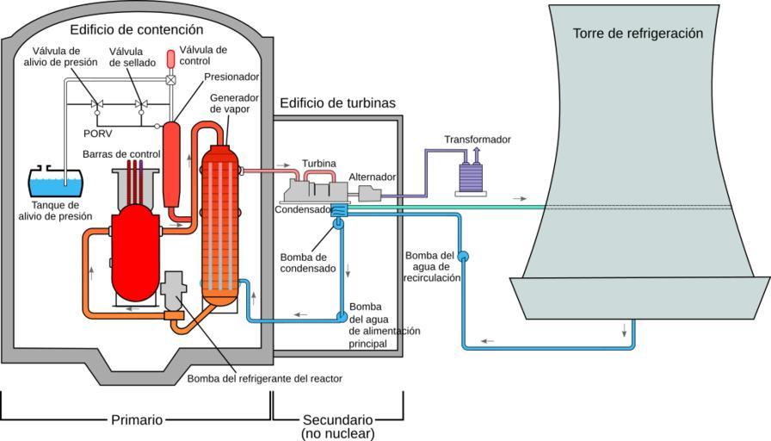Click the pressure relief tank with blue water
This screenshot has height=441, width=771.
pyautogui.click(x=56, y=182)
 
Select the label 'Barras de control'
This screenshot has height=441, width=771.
pyautogui.click(x=120, y=153)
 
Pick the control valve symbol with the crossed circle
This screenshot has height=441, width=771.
pyautogui.click(x=170, y=80)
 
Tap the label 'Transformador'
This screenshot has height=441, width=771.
pyautogui.click(x=478, y=140)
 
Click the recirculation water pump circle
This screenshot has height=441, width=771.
pyautogui.click(x=462, y=255)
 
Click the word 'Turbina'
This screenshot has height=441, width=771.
pyautogui.click(x=318, y=164)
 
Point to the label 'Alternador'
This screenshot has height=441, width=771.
pyautogui.click(x=372, y=177)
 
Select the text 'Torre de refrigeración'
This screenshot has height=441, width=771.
pyautogui.click(x=638, y=34)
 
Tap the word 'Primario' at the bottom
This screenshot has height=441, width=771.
pyautogui.click(x=137, y=419)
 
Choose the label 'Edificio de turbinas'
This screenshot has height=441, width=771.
pyautogui.click(x=337, y=103)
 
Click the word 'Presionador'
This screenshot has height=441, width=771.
pyautogui.click(x=231, y=77)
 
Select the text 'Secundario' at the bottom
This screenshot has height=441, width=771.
pyautogui.click(x=337, y=419)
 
